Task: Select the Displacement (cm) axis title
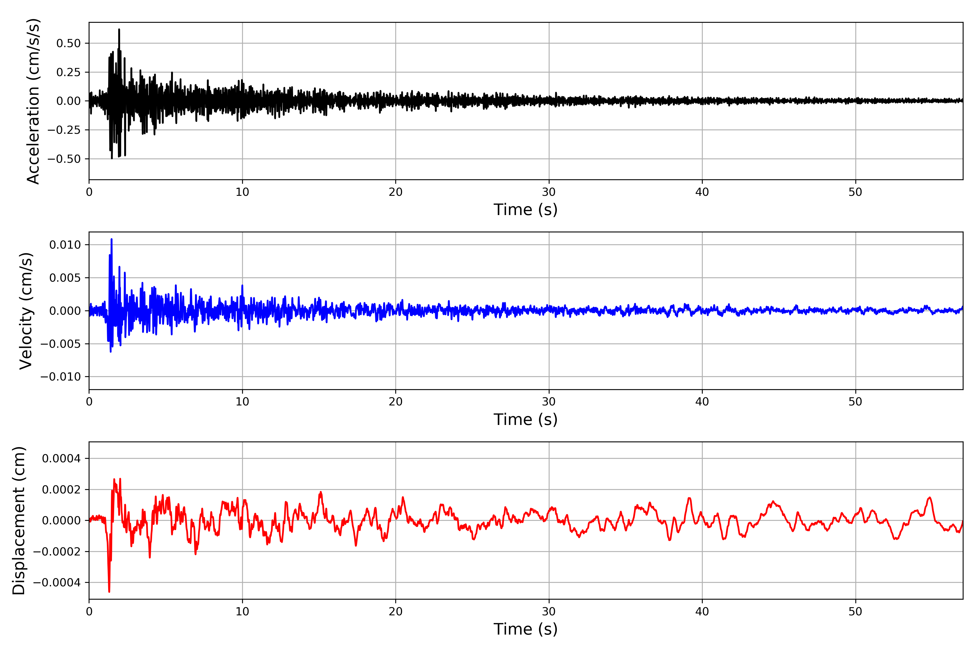click(x=19, y=520)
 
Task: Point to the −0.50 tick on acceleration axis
click(x=64, y=159)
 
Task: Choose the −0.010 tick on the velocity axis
click(x=60, y=377)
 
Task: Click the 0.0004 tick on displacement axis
click(x=62, y=459)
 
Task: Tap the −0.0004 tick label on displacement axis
click(x=57, y=583)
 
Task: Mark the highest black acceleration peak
click(x=119, y=30)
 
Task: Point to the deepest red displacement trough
click(x=109, y=591)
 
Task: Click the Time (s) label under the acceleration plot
click(x=525, y=210)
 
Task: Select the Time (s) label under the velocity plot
click(x=525, y=420)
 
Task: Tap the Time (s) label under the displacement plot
click(x=525, y=629)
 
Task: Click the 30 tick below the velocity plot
click(x=548, y=402)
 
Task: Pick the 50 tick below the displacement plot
click(x=855, y=612)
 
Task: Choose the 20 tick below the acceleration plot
click(x=396, y=192)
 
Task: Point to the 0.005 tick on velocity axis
click(x=65, y=278)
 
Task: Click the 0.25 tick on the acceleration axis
click(x=69, y=72)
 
